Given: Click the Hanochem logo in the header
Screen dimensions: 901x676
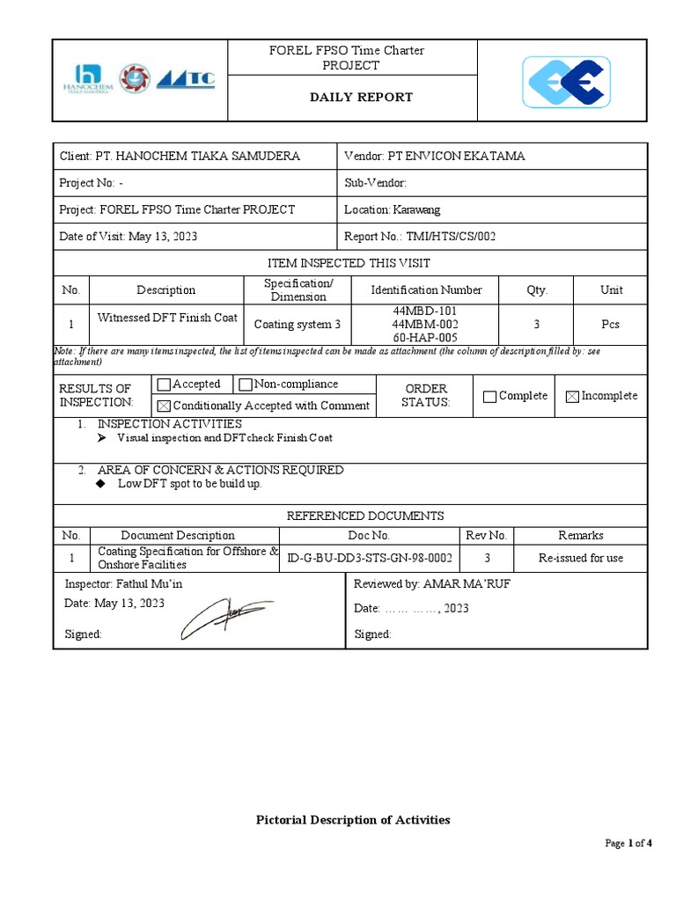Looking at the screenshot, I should pos(86,79).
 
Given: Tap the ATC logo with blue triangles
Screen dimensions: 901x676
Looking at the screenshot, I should pos(185,79).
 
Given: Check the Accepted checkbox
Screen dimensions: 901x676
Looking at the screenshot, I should pos(163,385).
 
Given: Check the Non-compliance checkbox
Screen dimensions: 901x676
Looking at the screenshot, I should pos(246,385).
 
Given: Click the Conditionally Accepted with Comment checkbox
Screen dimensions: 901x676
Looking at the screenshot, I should pos(163,406).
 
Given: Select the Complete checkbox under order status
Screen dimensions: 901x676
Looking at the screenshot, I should pos(489,397).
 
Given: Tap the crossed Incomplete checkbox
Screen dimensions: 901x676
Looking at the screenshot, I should pos(572,397).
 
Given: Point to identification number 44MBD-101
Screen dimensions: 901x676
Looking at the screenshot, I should pos(424,311).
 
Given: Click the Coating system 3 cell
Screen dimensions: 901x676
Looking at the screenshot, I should pos(297,325).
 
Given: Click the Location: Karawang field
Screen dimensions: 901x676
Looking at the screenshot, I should pos(393,209).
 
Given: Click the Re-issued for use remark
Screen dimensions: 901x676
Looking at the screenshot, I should pos(580,558).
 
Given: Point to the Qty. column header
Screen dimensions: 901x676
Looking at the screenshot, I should pos(536,289).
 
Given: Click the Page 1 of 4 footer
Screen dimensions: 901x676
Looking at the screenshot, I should pos(628,843).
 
